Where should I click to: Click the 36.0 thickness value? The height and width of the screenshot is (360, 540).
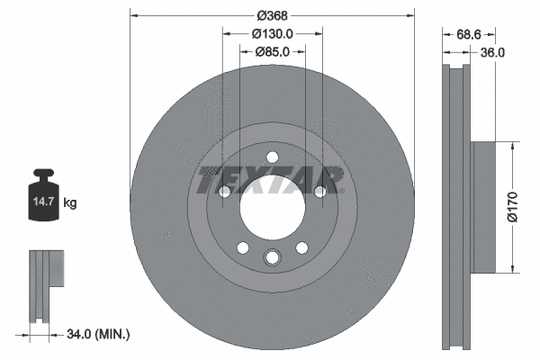click(x=491, y=52)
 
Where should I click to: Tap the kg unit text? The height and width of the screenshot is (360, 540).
click(x=70, y=204)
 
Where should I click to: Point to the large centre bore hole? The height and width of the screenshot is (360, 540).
click(x=272, y=208)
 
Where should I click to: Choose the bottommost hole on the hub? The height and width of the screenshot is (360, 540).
click(x=272, y=258)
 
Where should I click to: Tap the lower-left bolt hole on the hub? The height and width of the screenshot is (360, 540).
click(x=241, y=247)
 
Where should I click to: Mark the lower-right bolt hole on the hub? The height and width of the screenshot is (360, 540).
click(x=302, y=247)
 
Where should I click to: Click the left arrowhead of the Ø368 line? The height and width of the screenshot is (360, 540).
click(x=133, y=15)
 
